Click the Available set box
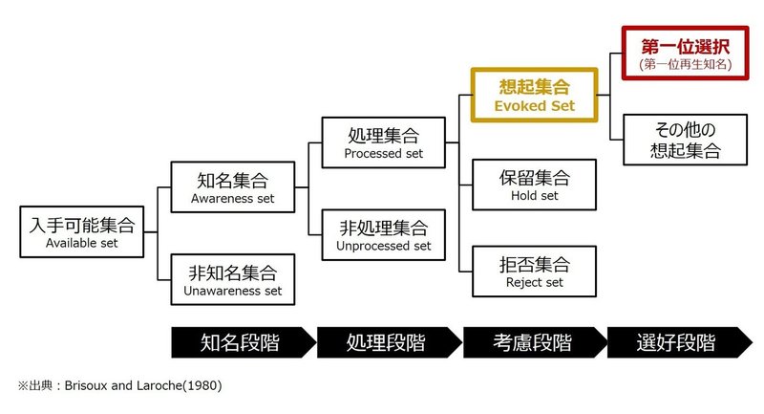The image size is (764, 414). pyautogui.click(x=82, y=231)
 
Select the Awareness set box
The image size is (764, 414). pyautogui.click(x=233, y=187)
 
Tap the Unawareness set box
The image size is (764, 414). pyautogui.click(x=233, y=279)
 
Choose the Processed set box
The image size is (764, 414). pyautogui.click(x=384, y=142)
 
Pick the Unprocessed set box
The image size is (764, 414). pyautogui.click(x=384, y=235)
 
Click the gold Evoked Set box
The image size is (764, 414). pyautogui.click(x=534, y=95)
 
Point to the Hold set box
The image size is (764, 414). pyautogui.click(x=534, y=185)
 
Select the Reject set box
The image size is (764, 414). pyautogui.click(x=534, y=272)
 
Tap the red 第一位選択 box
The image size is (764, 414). pyautogui.click(x=685, y=54)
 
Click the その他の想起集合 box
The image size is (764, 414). pyautogui.click(x=685, y=140)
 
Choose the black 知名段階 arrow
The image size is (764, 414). pyautogui.click(x=244, y=342)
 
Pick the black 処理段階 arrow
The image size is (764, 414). pyautogui.click(x=389, y=342)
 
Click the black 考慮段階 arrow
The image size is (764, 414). pyautogui.click(x=535, y=342)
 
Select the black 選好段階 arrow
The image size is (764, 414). pyautogui.click(x=680, y=342)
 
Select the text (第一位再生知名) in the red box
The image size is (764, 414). pyautogui.click(x=685, y=64)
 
